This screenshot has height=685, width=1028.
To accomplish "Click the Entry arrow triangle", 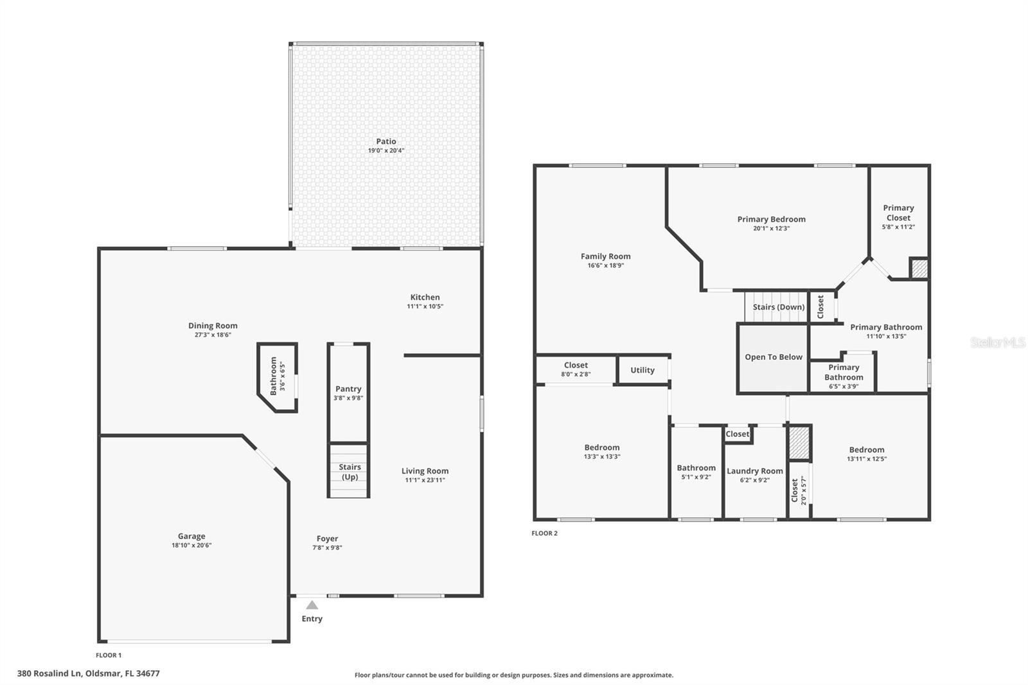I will [x=312, y=605].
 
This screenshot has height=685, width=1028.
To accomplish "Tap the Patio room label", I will [x=386, y=141].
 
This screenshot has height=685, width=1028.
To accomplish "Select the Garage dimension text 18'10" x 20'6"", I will [x=191, y=546].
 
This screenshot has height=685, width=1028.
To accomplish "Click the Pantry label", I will [x=348, y=389].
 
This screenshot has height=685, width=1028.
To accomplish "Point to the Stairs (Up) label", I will [x=350, y=472].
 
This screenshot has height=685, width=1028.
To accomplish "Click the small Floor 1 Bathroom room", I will [x=278, y=377].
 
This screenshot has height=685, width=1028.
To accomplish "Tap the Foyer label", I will [x=327, y=538].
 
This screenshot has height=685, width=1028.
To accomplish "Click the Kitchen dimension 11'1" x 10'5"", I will [x=425, y=307].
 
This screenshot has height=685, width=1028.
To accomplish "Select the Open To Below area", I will [x=773, y=357].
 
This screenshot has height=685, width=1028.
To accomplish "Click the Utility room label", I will [x=642, y=370].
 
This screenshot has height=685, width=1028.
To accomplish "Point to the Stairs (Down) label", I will [x=778, y=307].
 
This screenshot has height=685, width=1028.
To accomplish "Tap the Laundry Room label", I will [x=754, y=471].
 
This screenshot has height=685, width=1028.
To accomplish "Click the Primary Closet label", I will [x=898, y=213].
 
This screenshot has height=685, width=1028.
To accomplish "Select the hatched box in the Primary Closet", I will [x=919, y=269].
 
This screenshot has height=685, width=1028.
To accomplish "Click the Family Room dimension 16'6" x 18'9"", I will [x=605, y=265].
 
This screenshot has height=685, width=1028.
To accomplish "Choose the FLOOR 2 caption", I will [x=544, y=533].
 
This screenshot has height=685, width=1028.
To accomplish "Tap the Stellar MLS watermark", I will [x=997, y=342].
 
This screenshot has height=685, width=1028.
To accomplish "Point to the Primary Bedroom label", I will [x=771, y=219].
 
